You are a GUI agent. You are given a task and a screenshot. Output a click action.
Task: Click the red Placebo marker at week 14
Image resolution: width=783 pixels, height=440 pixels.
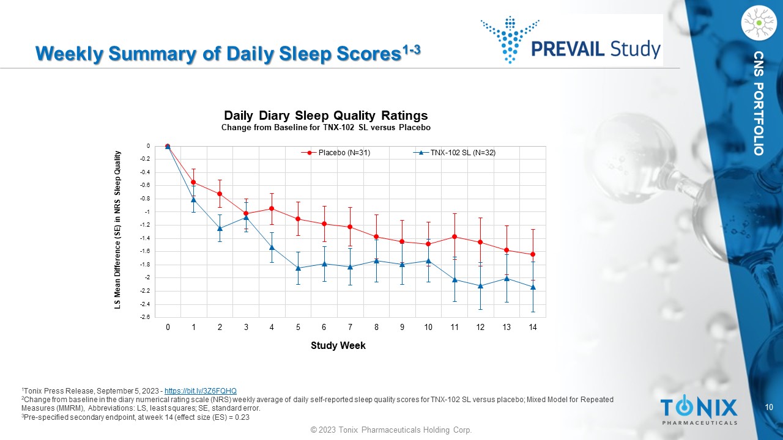[x=533, y=254]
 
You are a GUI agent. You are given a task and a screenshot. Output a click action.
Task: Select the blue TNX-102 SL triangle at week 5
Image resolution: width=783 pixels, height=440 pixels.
[x=298, y=268]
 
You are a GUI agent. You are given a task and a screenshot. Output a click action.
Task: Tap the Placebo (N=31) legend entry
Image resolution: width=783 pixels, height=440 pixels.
[x=340, y=153]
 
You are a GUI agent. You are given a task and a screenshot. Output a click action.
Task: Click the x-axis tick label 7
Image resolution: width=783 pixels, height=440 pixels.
[x=350, y=328]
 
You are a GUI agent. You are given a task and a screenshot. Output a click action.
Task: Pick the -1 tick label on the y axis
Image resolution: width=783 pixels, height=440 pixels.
[x=146, y=212]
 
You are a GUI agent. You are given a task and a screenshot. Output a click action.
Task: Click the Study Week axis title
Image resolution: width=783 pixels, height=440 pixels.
[x=338, y=346]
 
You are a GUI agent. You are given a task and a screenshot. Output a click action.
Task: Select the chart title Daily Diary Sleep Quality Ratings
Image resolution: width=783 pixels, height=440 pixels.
[x=325, y=116]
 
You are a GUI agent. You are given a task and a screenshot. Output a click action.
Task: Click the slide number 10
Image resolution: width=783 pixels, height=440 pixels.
[x=770, y=407]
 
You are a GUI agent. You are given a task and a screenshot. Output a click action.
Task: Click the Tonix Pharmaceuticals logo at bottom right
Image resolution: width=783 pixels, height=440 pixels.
[x=699, y=410]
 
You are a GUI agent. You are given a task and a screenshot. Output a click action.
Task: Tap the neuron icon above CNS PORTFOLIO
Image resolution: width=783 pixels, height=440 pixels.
[x=758, y=23]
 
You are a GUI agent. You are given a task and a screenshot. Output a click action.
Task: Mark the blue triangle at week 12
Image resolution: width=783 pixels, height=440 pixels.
[x=480, y=286]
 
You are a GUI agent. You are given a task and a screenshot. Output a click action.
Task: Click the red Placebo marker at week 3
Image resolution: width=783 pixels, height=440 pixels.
[x=246, y=213]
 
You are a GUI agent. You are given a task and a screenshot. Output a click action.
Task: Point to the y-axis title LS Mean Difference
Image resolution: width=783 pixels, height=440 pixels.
[x=117, y=230]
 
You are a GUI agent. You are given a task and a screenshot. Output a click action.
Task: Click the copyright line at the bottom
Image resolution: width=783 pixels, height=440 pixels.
[x=391, y=430]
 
